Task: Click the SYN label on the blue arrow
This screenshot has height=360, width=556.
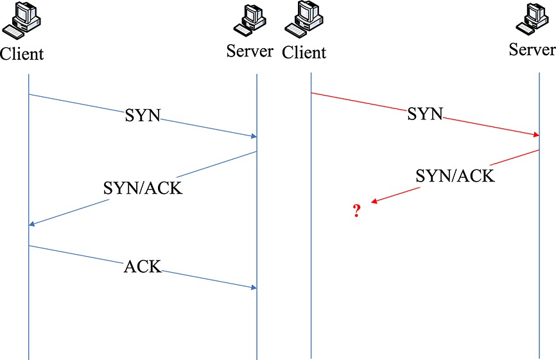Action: (x=143, y=116)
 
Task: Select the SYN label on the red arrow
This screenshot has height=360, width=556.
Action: (x=425, y=115)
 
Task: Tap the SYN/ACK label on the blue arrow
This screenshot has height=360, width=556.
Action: (x=143, y=188)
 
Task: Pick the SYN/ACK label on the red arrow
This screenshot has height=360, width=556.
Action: (x=455, y=176)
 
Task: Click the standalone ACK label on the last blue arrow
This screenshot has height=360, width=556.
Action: (x=143, y=266)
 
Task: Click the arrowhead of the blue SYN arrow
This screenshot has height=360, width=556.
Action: (x=254, y=136)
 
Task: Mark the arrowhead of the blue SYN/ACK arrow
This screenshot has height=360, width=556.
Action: (x=33, y=224)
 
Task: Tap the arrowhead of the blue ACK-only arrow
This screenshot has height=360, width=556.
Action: (x=254, y=287)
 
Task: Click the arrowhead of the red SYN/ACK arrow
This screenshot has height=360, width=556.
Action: (x=374, y=202)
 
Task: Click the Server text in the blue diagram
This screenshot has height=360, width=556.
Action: (x=250, y=51)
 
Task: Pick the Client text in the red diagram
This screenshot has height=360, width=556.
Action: (x=304, y=51)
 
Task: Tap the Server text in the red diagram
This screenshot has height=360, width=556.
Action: (x=532, y=49)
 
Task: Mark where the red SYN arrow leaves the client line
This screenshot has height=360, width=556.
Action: (x=311, y=93)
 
